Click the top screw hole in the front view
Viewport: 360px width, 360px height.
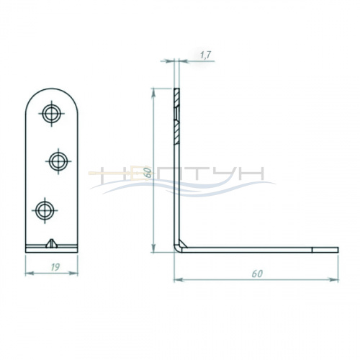(51, 114)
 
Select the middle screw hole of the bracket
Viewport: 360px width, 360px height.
(58, 161)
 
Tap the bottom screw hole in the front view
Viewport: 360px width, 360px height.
(45, 210)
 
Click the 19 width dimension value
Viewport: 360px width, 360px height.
(55, 267)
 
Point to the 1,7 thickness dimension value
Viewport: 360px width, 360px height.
(205, 55)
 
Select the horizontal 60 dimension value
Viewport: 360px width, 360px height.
(257, 274)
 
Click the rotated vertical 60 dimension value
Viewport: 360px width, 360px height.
(149, 173)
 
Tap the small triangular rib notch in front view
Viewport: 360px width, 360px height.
(51, 243)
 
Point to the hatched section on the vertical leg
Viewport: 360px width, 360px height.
(176, 117)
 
